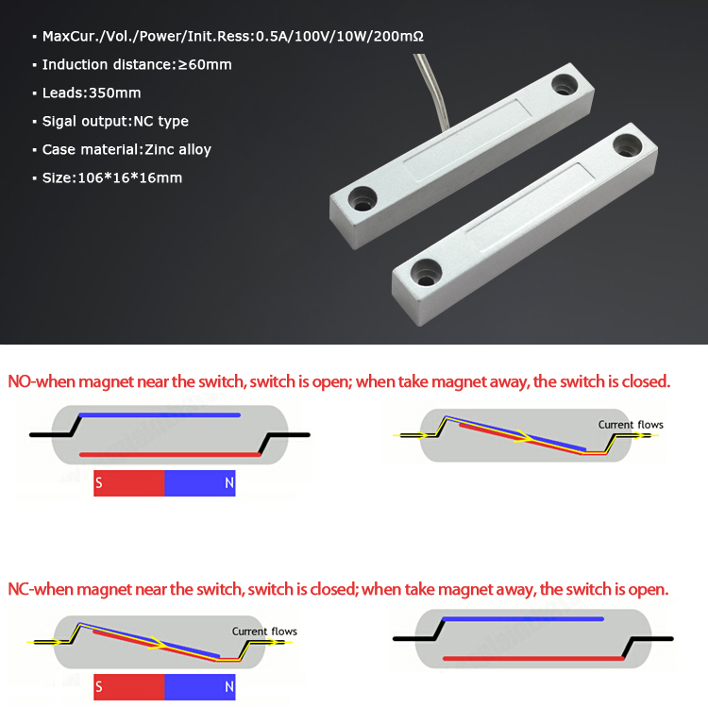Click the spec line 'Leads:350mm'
click(91, 93)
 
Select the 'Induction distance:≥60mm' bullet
click(136, 64)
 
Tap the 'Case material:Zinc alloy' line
click(126, 149)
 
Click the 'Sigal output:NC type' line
click(115, 121)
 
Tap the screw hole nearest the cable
click(565, 84)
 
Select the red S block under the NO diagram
click(129, 484)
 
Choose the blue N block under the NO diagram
click(200, 484)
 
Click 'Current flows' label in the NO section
click(631, 425)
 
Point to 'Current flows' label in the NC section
click(264, 632)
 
